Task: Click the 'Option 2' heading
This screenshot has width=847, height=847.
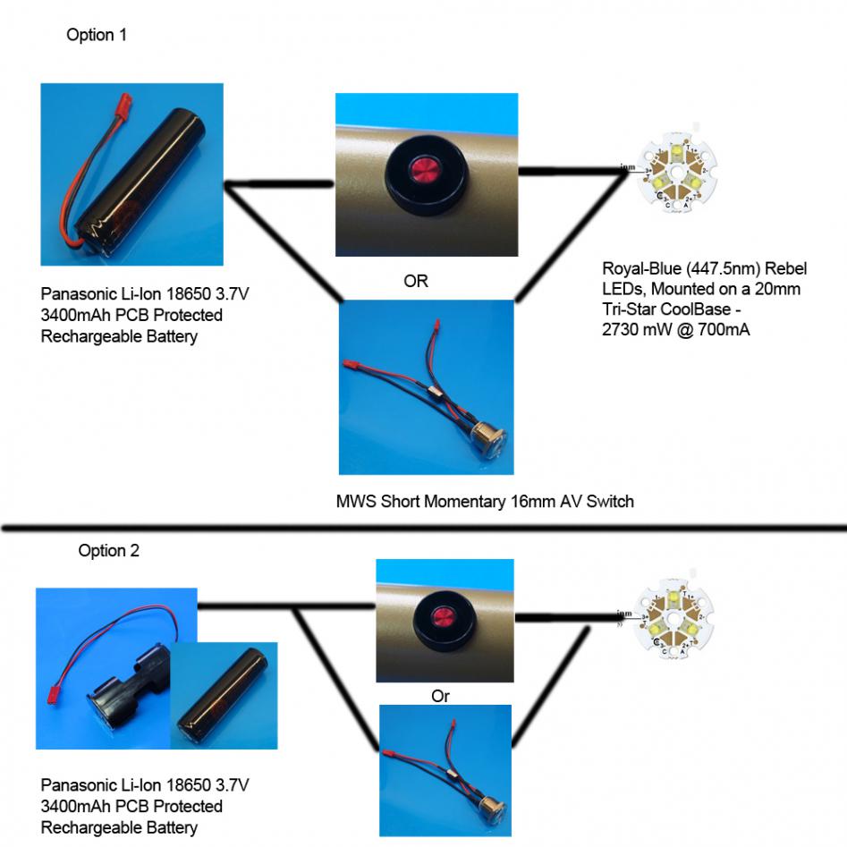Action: click(108, 551)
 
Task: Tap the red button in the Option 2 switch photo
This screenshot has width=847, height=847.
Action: click(442, 618)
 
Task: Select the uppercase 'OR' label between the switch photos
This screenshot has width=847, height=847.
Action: click(416, 282)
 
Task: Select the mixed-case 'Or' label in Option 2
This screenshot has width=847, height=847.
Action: click(440, 696)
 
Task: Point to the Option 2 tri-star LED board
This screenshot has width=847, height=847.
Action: click(676, 616)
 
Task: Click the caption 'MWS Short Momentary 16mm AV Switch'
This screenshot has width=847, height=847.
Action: click(485, 502)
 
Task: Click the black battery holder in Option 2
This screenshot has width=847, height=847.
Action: click(121, 694)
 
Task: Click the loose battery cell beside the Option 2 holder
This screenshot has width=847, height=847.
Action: click(220, 694)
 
